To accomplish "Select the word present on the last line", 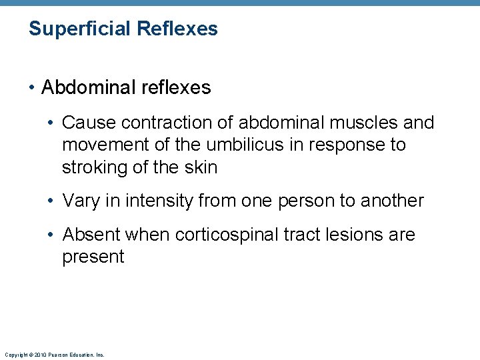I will point(93,257).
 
